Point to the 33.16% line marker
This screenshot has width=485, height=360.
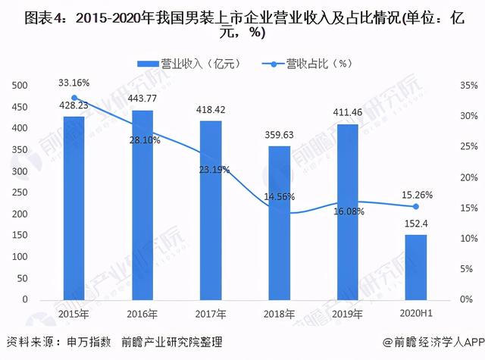click(74, 98)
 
